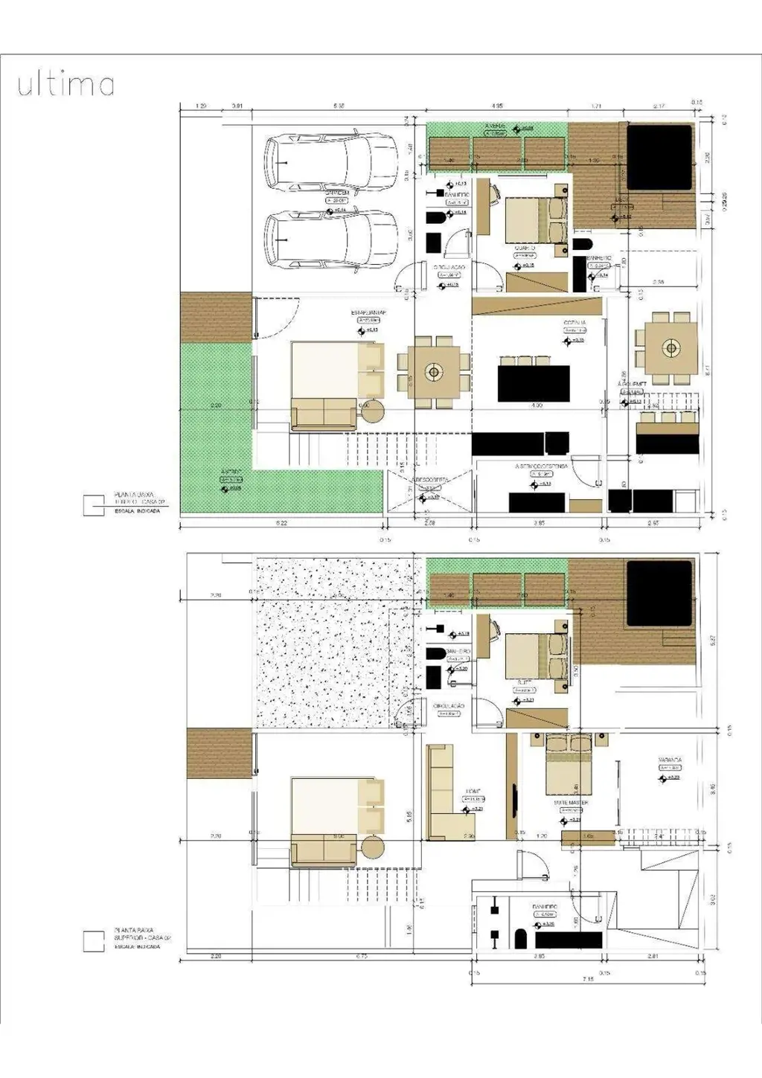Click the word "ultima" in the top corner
pos(65,84)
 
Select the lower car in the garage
pos(331,240)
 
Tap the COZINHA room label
pos(574,323)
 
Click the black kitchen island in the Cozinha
pos(534,383)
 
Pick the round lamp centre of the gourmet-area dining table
pos(671,347)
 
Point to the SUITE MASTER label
pos(571,803)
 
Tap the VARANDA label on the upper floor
pos(670,760)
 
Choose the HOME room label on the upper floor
pos(473,792)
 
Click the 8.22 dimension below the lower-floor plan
pos(281,524)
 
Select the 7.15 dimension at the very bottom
pos(589,980)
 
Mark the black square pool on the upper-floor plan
pos(659,593)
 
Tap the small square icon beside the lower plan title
pos(94,505)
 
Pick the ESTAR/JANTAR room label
pos(368,313)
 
